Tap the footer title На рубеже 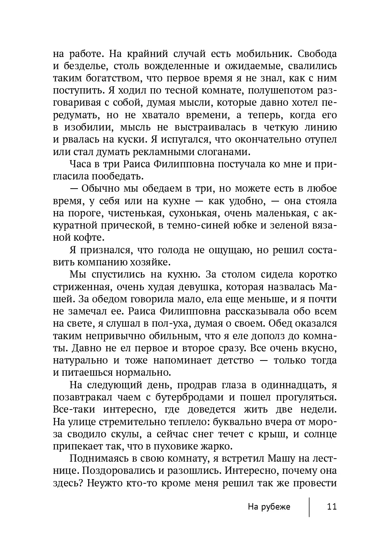point(269,507)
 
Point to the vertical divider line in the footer point(309,507)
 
